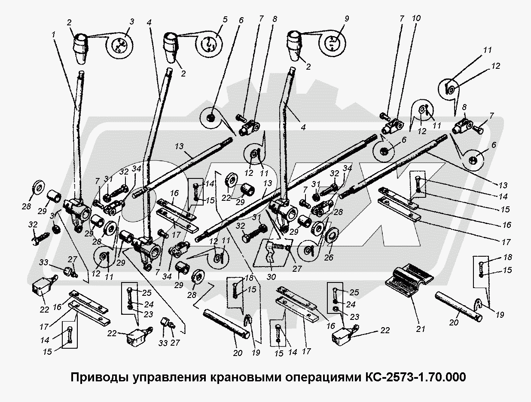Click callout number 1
(x=54, y=33)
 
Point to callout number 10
(x=416, y=18)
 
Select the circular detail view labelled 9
(x=333, y=43)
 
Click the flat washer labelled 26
(x=333, y=235)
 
